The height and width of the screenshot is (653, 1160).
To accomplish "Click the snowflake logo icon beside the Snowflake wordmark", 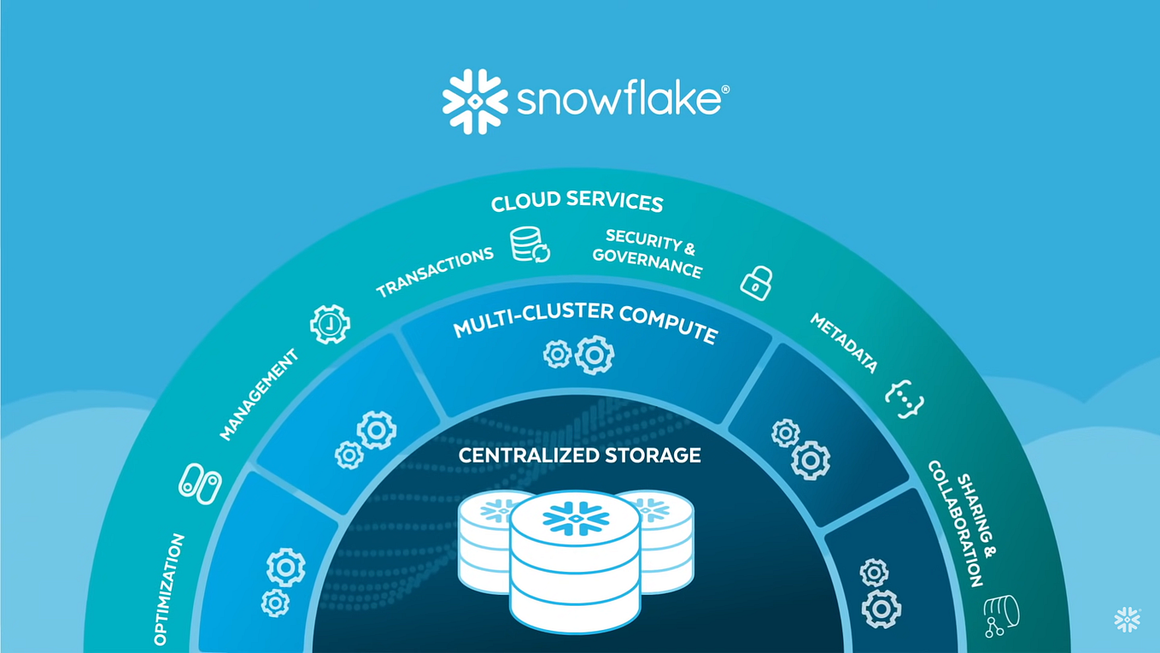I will pyautogui.click(x=475, y=102).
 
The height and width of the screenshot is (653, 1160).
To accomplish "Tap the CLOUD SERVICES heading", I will pyautogui.click(x=577, y=203).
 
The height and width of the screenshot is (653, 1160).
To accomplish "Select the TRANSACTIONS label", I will pyautogui.click(x=435, y=272).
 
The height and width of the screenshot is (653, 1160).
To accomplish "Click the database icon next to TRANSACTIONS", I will pyautogui.click(x=530, y=244).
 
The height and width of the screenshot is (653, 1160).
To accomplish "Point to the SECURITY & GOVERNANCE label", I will pyautogui.click(x=648, y=253).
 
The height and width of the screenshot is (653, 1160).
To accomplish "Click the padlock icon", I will pyautogui.click(x=757, y=281).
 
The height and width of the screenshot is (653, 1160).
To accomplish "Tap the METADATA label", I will pyautogui.click(x=844, y=343).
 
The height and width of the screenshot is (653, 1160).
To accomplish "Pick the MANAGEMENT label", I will pyautogui.click(x=259, y=394).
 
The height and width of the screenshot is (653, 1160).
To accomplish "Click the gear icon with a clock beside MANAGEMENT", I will pyautogui.click(x=330, y=324).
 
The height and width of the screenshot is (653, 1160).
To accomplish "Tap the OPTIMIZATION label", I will pyautogui.click(x=170, y=589).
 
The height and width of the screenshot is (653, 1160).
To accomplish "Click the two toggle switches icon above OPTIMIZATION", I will pyautogui.click(x=200, y=483).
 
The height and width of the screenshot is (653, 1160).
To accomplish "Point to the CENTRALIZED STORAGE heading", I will pyautogui.click(x=580, y=455).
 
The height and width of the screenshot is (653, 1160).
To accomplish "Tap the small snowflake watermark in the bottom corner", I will pyautogui.click(x=1128, y=620).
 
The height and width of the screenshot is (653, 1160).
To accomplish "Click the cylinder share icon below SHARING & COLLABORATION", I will pyautogui.click(x=1001, y=616).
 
